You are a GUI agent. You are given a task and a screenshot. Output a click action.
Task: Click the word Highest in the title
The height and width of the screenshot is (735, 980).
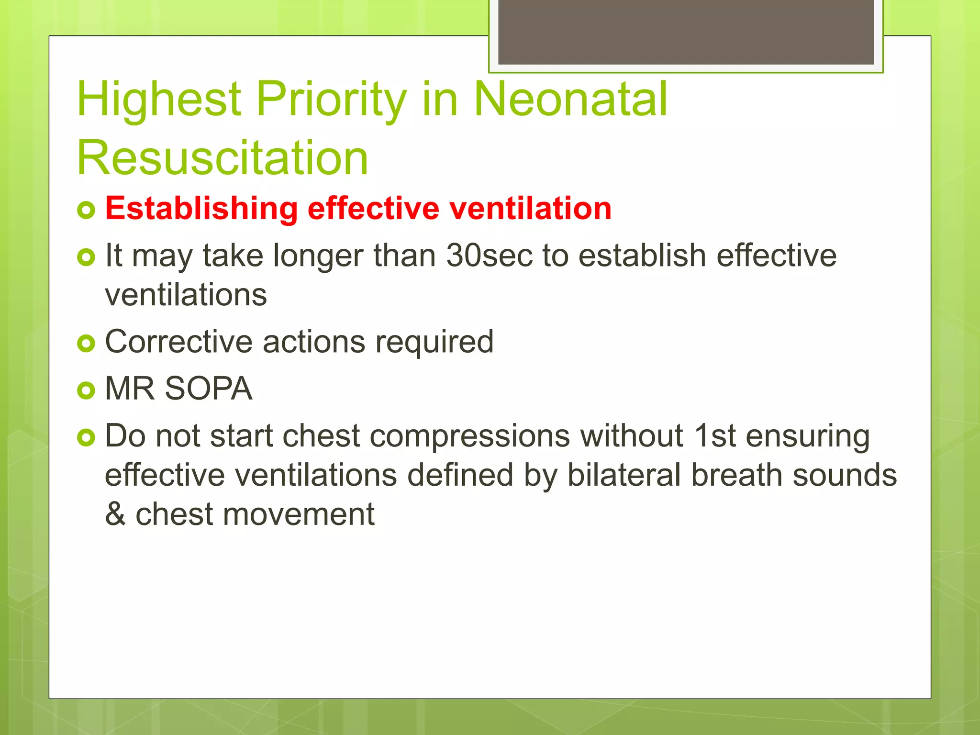pyautogui.click(x=159, y=99)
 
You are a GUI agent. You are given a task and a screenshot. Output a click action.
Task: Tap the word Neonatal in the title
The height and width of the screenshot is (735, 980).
pyautogui.click(x=570, y=99)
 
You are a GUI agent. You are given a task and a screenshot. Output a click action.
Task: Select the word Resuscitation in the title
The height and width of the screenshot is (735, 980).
pyautogui.click(x=223, y=158)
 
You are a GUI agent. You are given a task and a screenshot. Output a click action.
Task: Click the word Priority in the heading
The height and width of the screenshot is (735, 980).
pyautogui.click(x=331, y=99)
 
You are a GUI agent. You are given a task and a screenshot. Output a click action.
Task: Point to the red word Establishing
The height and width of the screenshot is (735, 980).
pyautogui.click(x=201, y=209)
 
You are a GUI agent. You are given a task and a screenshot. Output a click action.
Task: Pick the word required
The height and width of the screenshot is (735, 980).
pyautogui.click(x=434, y=343)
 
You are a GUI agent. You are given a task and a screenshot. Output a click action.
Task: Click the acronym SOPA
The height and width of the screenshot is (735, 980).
pyautogui.click(x=208, y=389)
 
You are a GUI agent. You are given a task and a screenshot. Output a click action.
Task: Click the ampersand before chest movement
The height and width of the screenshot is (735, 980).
pyautogui.click(x=115, y=514)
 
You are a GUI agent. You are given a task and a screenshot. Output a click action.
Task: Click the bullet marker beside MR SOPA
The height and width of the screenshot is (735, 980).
pyautogui.click(x=86, y=390)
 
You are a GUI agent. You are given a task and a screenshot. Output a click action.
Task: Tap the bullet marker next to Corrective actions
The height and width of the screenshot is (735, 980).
pyautogui.click(x=86, y=343)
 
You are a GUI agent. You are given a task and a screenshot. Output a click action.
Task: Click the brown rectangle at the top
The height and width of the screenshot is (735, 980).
pyautogui.click(x=686, y=32)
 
